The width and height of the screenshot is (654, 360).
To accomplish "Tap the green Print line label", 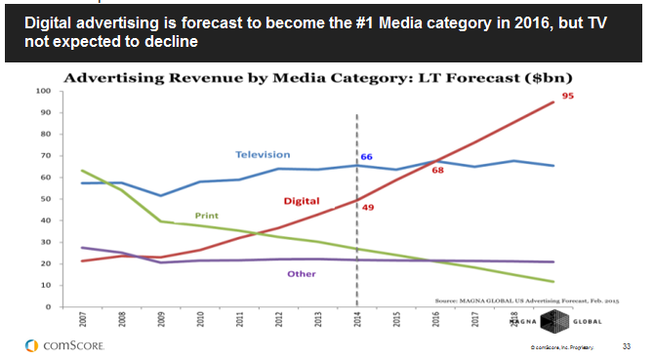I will (x=206, y=215).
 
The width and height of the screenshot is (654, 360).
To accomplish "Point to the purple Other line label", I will (x=301, y=274).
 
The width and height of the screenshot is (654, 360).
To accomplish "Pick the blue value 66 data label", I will (x=367, y=156).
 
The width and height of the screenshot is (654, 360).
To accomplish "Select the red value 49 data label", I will (x=367, y=206).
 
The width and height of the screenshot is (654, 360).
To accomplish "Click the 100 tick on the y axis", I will (x=43, y=91).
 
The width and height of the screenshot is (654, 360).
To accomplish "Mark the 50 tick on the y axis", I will (x=45, y=199).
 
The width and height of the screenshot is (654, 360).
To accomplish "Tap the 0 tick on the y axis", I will (x=48, y=306).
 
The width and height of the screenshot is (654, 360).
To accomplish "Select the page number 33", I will (x=627, y=345).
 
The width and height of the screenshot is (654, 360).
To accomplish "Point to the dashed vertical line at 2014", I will (x=356, y=244).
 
